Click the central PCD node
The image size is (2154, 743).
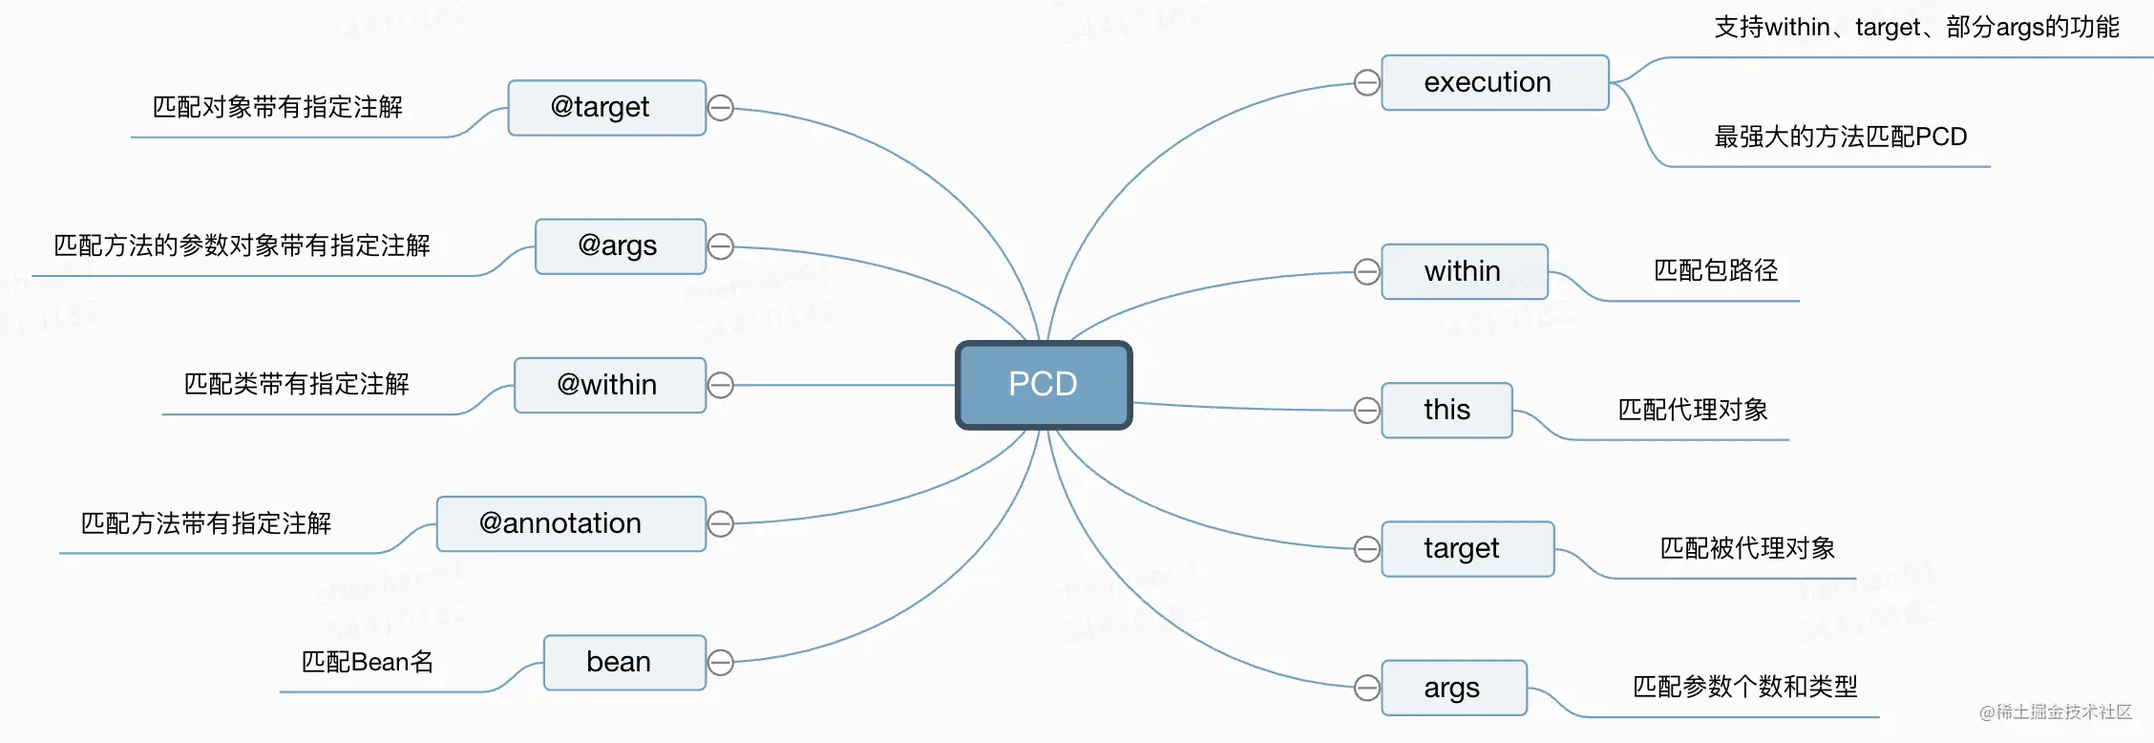tap(1044, 385)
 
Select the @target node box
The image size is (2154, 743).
tap(607, 108)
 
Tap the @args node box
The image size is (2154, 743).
tap(621, 246)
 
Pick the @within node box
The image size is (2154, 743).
tap(610, 385)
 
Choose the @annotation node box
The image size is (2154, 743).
tap(571, 523)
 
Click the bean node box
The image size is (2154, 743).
tap(624, 662)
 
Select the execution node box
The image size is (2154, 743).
tap(1495, 82)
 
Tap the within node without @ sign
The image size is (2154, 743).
tap(1465, 271)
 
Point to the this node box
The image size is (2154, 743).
tap(1447, 410)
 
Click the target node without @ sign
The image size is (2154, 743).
tap(1468, 548)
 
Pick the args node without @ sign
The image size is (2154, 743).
tap(1454, 688)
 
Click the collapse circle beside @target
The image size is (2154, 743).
tap(721, 108)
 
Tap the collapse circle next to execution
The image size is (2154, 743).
tap(1367, 82)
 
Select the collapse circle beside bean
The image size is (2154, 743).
tap(721, 662)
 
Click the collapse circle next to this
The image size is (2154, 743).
tap(1367, 410)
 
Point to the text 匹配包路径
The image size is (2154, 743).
tap(1716, 270)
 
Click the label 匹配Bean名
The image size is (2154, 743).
tap(368, 662)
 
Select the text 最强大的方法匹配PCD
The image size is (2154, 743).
tap(1841, 137)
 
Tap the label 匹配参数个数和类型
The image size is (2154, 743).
tap(1745, 687)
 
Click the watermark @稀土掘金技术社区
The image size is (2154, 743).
tap(2056, 711)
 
